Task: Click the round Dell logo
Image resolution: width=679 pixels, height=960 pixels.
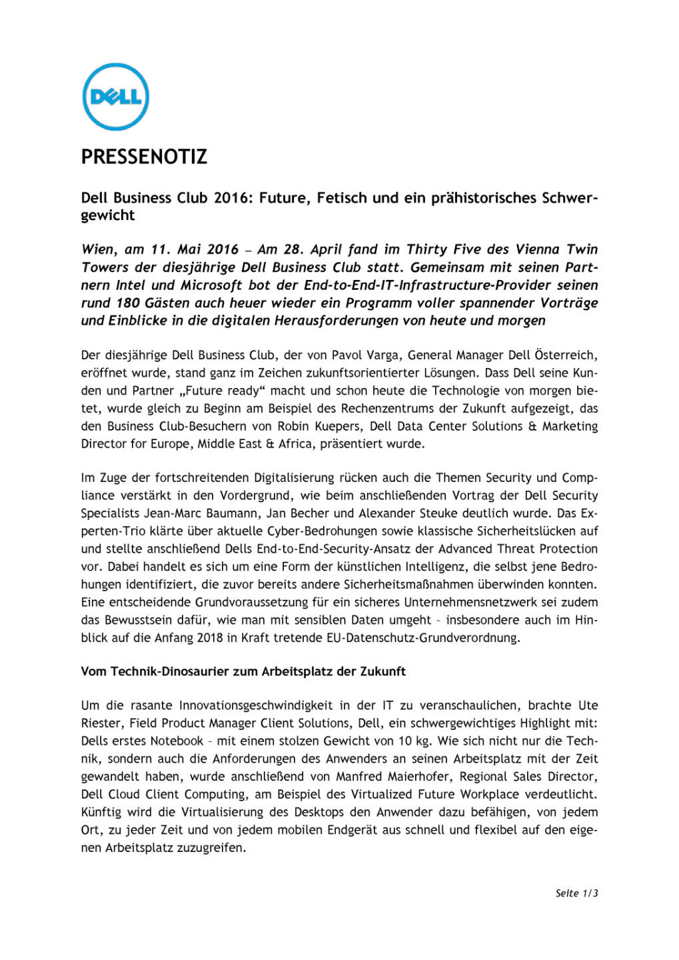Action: (115, 97)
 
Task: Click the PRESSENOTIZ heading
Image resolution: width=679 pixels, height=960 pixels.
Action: (144, 157)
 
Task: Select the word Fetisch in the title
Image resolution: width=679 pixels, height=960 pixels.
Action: (342, 198)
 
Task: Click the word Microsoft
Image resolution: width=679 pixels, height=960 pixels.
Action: (211, 285)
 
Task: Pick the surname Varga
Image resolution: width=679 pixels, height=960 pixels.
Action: (384, 355)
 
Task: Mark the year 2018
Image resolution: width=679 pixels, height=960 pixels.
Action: (209, 638)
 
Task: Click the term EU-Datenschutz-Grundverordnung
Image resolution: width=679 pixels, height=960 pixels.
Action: (422, 638)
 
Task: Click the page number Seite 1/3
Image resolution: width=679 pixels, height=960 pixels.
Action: (576, 893)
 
